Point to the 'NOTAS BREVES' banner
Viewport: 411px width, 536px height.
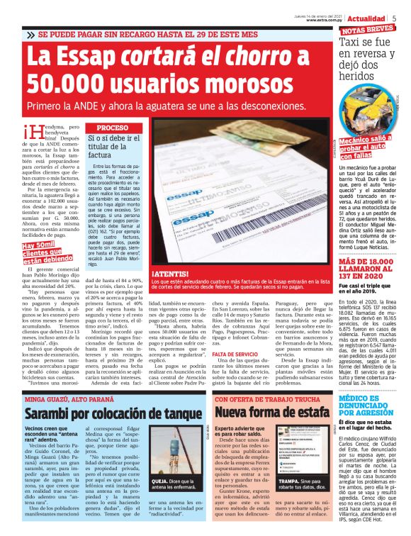coord(366,30)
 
